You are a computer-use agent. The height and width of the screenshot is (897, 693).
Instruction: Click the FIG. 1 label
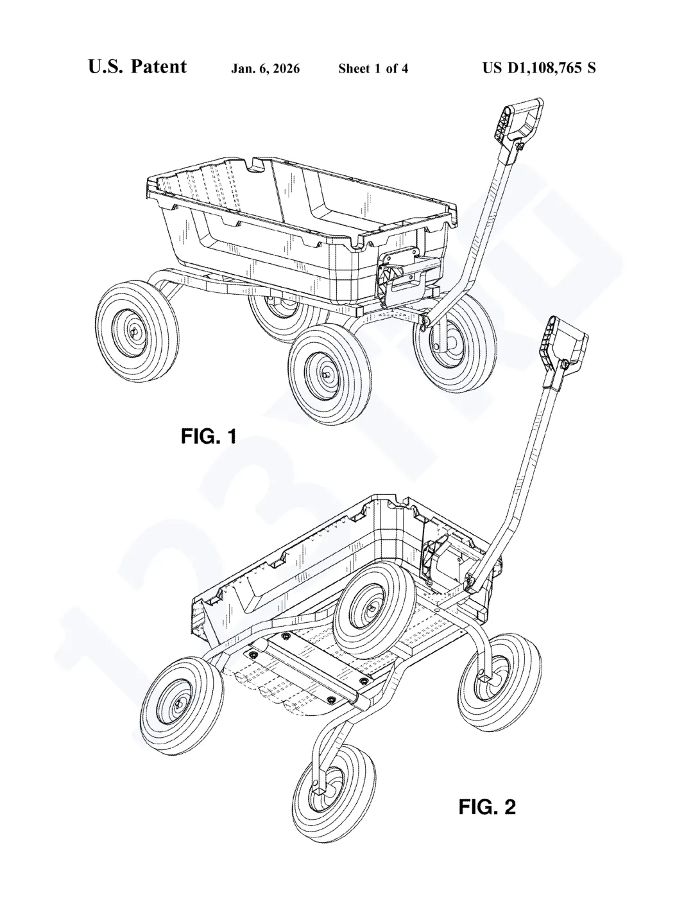tap(209, 437)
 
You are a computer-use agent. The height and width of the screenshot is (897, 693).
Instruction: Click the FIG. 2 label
tap(487, 806)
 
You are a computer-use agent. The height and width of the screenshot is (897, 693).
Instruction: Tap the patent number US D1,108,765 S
tap(539, 67)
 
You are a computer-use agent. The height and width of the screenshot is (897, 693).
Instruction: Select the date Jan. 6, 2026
tap(265, 69)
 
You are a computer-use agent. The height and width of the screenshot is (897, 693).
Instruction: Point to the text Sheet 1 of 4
tap(373, 69)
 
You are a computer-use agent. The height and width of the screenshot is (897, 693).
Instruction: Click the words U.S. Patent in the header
tap(137, 67)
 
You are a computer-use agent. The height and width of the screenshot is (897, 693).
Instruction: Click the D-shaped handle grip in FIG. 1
tap(520, 122)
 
